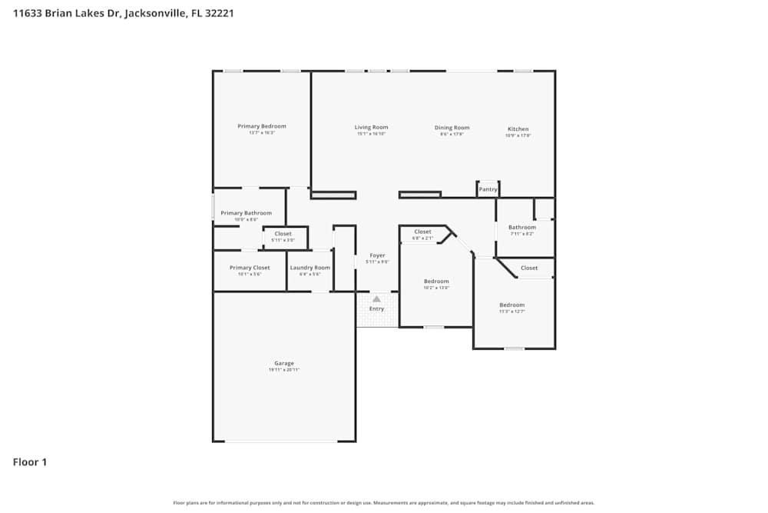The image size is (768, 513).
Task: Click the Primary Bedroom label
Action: click(262, 126)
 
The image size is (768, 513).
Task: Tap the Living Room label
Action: click(371, 128)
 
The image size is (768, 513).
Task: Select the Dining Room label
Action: click(452, 128)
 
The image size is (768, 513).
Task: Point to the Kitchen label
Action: click(518, 129)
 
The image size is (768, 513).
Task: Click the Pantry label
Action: click(488, 189)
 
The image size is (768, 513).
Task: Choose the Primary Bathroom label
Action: click(246, 213)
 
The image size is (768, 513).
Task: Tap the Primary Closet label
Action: click(250, 268)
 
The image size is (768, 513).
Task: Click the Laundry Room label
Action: click(310, 268)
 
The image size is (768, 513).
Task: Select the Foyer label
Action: click(377, 255)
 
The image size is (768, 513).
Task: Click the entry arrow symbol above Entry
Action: click(376, 298)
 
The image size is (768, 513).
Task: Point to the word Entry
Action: click(376, 309)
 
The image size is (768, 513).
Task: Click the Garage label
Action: click(284, 363)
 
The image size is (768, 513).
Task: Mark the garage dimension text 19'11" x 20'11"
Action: click(284, 370)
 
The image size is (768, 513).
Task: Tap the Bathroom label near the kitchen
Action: click(522, 227)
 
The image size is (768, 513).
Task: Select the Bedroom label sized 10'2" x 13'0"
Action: click(436, 281)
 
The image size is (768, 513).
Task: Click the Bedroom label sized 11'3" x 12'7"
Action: click(511, 305)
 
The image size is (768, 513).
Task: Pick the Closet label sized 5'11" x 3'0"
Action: click(283, 234)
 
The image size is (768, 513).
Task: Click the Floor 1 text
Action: click(30, 462)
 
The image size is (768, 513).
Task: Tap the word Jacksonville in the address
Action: click(154, 13)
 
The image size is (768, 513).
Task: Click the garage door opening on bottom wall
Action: click(280, 441)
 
